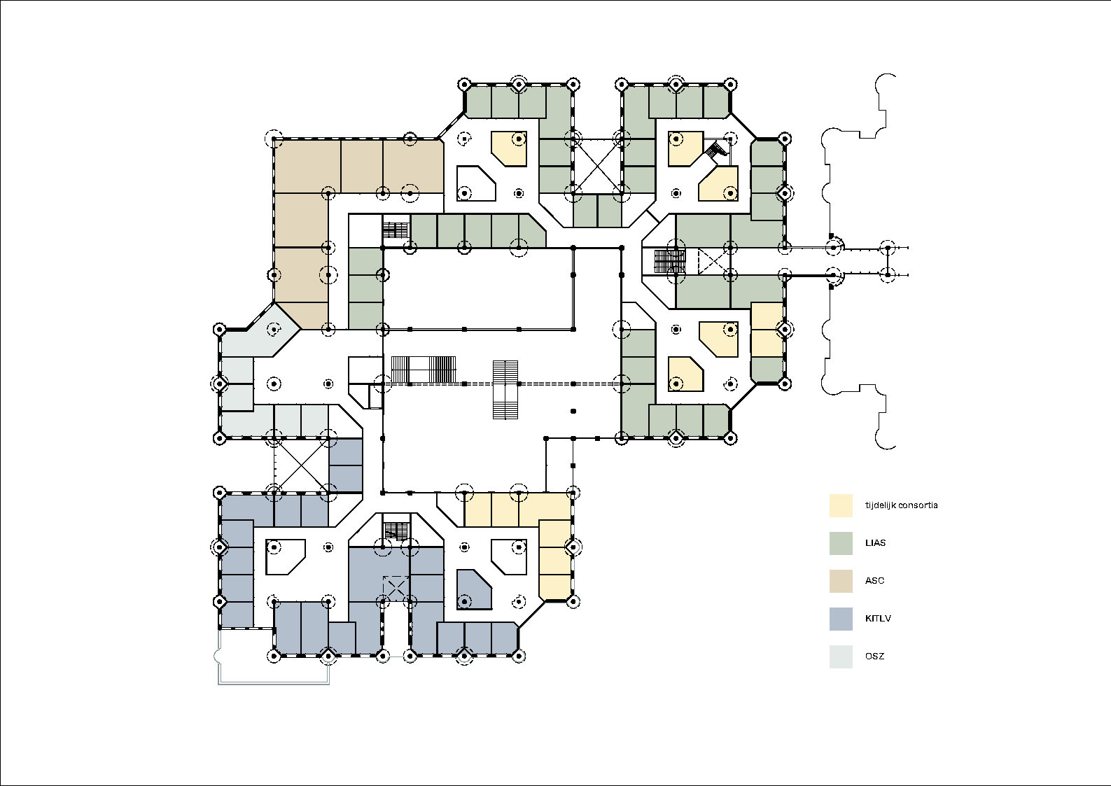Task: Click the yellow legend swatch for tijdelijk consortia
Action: click(841, 505)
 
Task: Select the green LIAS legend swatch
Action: click(841, 543)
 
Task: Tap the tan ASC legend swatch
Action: click(841, 581)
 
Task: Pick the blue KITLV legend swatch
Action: click(841, 619)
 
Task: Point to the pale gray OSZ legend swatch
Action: click(841, 657)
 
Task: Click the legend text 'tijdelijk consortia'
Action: click(901, 505)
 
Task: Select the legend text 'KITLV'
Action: click(878, 619)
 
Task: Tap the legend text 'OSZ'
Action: click(874, 657)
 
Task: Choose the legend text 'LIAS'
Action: click(875, 543)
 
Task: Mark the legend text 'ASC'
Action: click(874, 581)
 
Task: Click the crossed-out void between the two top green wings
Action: click(597, 166)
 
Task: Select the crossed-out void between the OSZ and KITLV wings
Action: click(300, 465)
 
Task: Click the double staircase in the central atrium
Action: click(505, 390)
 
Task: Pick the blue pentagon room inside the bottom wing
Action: click(474, 589)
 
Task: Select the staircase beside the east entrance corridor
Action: click(669, 261)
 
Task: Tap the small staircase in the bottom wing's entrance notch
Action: click(396, 531)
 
